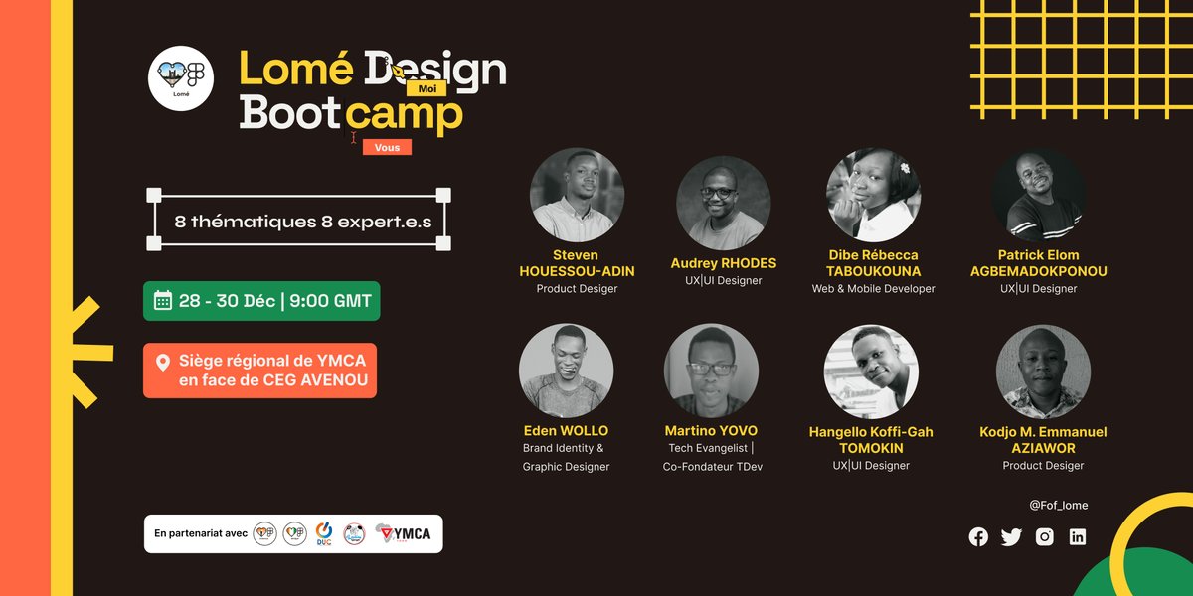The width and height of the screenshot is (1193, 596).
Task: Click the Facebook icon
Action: (x=978, y=536)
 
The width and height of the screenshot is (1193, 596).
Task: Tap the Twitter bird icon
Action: (x=1011, y=536)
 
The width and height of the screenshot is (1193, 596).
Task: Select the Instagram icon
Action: (x=1044, y=536)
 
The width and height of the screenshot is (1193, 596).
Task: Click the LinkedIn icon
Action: (x=1077, y=536)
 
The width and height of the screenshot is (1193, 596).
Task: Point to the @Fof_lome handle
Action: (x=1058, y=505)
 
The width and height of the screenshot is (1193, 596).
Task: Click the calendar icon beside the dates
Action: (x=163, y=301)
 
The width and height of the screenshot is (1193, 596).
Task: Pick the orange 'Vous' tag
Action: (x=387, y=147)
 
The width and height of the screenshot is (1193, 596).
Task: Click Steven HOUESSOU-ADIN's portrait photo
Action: (x=577, y=195)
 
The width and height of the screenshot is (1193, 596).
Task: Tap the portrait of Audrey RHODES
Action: (x=723, y=203)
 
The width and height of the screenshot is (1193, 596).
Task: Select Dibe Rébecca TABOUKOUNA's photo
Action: (x=873, y=195)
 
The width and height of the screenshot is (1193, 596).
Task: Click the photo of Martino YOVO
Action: (x=711, y=371)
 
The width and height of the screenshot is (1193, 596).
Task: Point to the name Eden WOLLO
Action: (x=566, y=431)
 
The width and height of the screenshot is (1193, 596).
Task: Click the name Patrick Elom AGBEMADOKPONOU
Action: (x=1038, y=263)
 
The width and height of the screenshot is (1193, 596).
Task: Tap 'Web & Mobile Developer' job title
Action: (x=873, y=289)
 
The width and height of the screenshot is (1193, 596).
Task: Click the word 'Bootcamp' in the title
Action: (x=351, y=114)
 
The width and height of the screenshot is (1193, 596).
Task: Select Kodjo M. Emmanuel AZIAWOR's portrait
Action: (x=1043, y=372)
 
